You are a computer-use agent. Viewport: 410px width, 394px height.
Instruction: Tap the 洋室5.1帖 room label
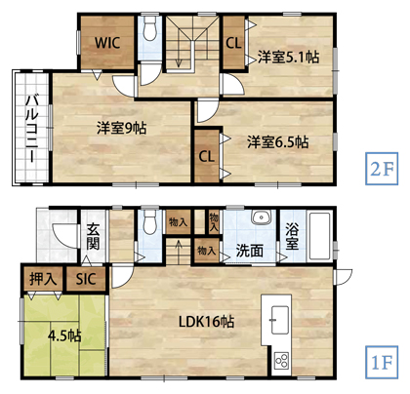coord(288,56)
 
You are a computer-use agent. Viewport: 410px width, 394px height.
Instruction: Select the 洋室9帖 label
coord(122,127)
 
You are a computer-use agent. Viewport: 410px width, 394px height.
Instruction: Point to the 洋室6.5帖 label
coord(277,141)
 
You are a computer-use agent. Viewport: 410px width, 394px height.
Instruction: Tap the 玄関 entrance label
coord(93,238)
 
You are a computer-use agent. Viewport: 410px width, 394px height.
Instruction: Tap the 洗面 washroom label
coord(249,249)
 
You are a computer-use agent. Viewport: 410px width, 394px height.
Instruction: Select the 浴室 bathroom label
coord(292,238)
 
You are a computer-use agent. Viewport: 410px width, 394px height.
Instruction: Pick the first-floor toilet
coord(148,224)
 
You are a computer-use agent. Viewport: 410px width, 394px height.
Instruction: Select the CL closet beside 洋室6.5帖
coord(207,156)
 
